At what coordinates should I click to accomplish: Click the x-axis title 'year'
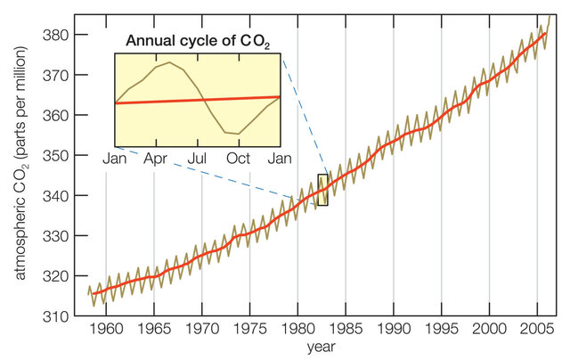[322, 345]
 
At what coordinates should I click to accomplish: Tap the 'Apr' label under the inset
[157, 158]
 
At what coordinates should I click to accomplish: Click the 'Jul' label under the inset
[198, 158]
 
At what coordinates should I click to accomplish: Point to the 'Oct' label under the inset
[239, 158]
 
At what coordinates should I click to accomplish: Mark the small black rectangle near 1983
[322, 190]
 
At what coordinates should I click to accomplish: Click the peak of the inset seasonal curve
[169, 62]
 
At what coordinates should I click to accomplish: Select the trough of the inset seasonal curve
[236, 134]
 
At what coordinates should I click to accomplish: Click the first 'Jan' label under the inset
[116, 158]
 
